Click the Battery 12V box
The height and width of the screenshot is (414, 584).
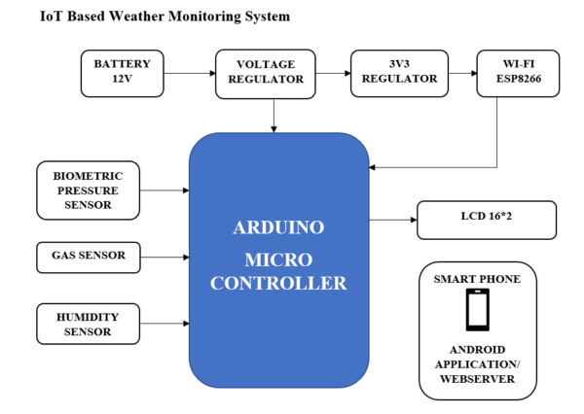coord(123,73)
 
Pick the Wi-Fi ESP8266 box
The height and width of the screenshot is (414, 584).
coord(519,73)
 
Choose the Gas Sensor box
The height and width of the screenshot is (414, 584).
coord(89,257)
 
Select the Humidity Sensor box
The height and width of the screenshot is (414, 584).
coord(89,324)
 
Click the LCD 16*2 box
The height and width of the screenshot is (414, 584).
coord(487,220)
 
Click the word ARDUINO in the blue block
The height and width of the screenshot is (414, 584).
coord(278,229)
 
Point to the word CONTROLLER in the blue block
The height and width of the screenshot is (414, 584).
coord(278,284)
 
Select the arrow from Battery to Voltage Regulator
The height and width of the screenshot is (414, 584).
coord(190,73)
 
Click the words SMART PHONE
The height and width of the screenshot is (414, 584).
coord(478,279)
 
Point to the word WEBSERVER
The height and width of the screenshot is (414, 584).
coord(478,378)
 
